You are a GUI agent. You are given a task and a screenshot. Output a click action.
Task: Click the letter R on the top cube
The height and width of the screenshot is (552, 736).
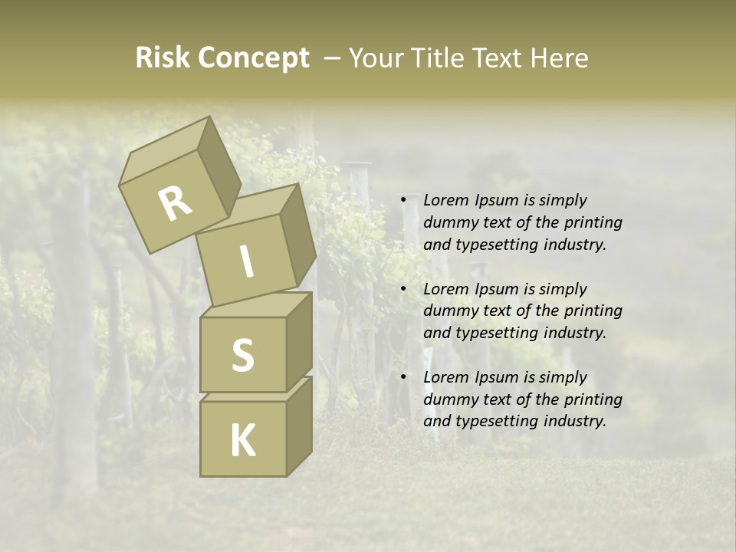(x=176, y=204)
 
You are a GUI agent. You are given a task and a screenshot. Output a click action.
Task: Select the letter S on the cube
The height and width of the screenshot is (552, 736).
(x=243, y=355)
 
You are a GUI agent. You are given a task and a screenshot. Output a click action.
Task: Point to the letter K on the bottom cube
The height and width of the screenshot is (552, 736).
(x=243, y=441)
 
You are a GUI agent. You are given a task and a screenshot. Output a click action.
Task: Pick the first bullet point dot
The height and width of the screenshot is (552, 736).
(x=404, y=200)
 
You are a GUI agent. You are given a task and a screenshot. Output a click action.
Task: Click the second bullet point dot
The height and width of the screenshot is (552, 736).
(x=404, y=289)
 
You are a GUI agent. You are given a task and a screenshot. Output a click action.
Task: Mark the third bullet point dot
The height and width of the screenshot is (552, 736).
(x=404, y=377)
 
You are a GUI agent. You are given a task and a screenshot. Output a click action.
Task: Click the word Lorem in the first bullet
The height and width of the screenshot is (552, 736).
(x=445, y=200)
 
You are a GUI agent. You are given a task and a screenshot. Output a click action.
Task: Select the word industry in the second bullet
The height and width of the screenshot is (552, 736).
(x=573, y=333)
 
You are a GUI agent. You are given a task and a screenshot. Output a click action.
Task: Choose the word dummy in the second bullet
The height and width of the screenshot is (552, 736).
(x=449, y=310)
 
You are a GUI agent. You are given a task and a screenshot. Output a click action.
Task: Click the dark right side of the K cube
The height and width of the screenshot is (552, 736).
(x=299, y=428)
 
